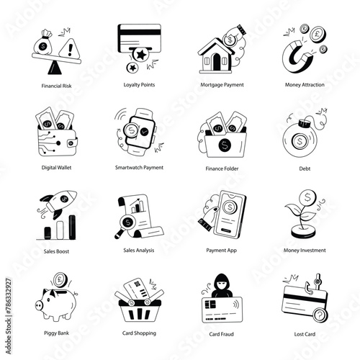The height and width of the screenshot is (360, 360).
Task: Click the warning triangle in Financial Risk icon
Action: click(x=69, y=49)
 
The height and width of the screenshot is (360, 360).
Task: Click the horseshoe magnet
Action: click(x=297, y=57)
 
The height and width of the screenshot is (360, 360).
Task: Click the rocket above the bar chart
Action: click(x=59, y=203)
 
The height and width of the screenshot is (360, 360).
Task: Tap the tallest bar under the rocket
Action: click(x=72, y=228)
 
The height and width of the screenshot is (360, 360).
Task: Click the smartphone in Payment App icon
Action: click(x=230, y=215)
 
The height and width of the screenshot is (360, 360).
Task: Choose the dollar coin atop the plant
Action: click(x=307, y=197)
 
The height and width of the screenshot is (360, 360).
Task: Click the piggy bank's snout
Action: click(x=39, y=305)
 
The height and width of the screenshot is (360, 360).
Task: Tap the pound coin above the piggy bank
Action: click(x=60, y=280)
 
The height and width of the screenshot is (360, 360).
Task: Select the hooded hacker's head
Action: click(x=222, y=284)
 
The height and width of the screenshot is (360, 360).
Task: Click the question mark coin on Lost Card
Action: click(x=320, y=315)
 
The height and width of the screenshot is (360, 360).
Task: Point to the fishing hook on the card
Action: click(x=312, y=285)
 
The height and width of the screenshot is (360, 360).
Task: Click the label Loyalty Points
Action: click(x=139, y=85)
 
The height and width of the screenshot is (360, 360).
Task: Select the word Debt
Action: click(x=305, y=168)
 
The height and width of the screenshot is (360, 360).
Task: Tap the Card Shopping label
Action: click(x=139, y=333)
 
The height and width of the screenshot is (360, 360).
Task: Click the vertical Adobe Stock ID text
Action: click(x=9, y=316)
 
